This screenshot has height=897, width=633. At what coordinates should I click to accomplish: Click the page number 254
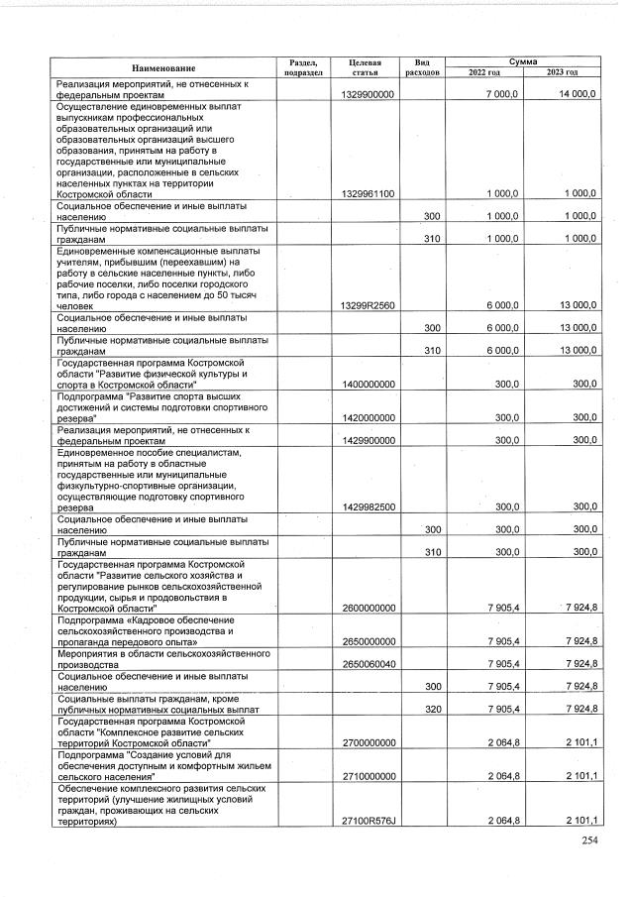(590, 841)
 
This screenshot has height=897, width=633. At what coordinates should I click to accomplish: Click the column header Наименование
(161, 67)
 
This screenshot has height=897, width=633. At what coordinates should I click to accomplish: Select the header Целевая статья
(366, 67)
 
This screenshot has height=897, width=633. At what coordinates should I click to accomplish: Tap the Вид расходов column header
(421, 67)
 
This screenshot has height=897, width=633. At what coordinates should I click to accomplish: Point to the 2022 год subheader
(484, 72)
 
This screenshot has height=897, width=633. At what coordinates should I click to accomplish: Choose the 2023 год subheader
(562, 72)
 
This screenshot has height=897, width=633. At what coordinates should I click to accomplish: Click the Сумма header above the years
(523, 61)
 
